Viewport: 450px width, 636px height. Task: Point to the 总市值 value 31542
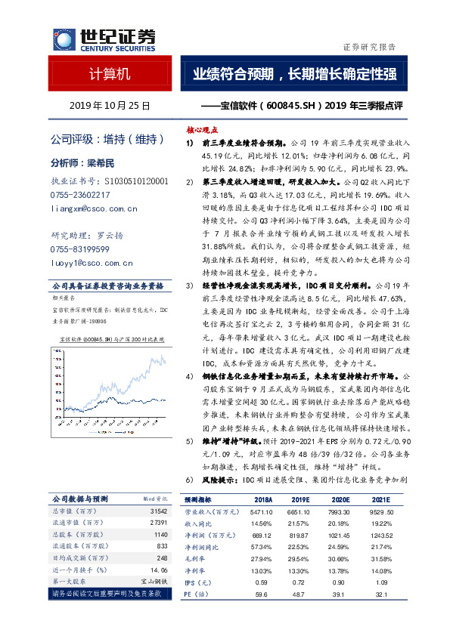click(x=157, y=511)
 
